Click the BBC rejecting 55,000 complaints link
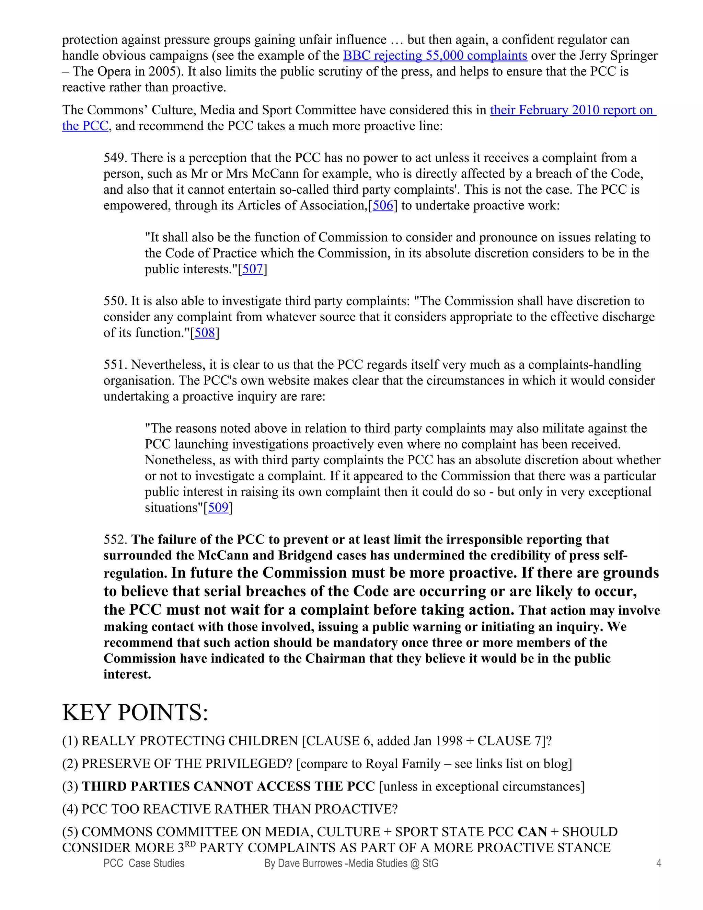[x=435, y=55]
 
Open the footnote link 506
[x=383, y=205]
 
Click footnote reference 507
[x=252, y=269]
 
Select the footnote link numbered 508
[x=205, y=333]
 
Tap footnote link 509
[x=218, y=508]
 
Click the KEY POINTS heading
[x=135, y=712]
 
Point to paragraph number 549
[x=115, y=158]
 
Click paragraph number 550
[x=115, y=301]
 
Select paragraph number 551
[x=115, y=365]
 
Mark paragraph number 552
[x=115, y=539]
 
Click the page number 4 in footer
[x=658, y=863]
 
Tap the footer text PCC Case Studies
[x=144, y=863]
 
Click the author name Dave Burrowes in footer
[x=309, y=863]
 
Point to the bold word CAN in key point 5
[x=532, y=832]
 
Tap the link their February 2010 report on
[x=572, y=110]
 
